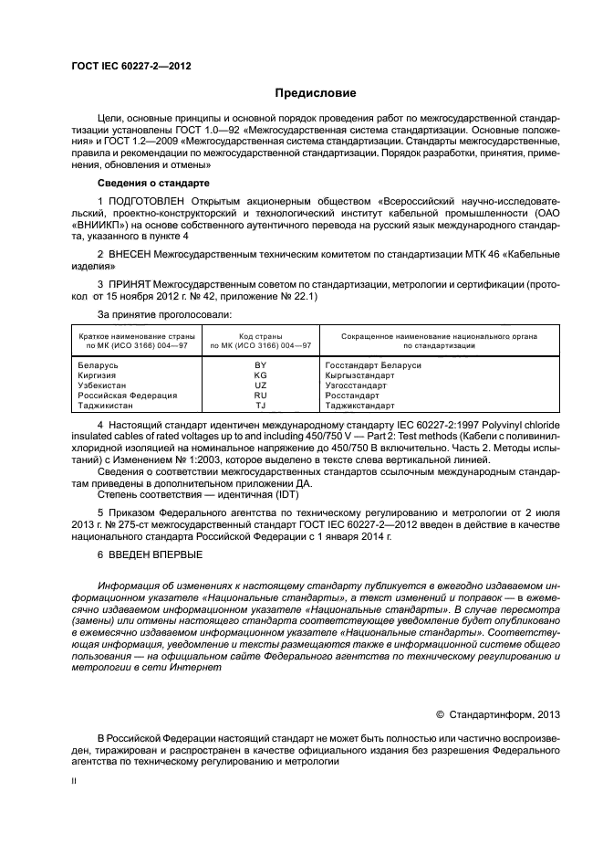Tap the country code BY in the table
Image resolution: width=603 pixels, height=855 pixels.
click(260, 364)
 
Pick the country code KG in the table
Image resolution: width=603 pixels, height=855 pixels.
click(260, 375)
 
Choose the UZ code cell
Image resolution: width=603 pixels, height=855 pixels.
click(260, 385)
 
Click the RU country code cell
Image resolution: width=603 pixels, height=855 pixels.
click(260, 395)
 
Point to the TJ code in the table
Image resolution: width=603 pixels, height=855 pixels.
click(260, 405)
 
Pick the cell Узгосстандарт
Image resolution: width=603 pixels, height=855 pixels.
click(359, 385)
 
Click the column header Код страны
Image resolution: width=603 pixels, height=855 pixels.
click(260, 337)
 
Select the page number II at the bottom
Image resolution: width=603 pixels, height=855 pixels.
click(76, 781)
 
